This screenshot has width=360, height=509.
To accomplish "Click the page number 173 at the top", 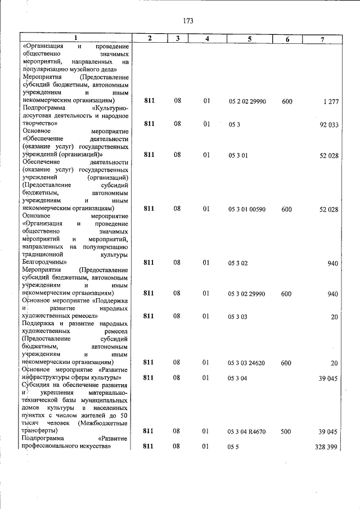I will pyautogui.click(x=188, y=21).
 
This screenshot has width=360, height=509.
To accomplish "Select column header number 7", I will pyautogui.click(x=322, y=38).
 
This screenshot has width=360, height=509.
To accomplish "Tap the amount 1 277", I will pyautogui.click(x=330, y=101).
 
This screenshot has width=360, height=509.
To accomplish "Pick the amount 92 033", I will pyautogui.click(x=328, y=125).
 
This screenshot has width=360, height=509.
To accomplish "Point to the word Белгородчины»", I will pyautogui.click(x=45, y=262).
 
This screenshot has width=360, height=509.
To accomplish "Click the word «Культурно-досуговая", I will pyautogui.click(x=110, y=106).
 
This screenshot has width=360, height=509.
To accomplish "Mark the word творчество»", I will pyautogui.click(x=41, y=121).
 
